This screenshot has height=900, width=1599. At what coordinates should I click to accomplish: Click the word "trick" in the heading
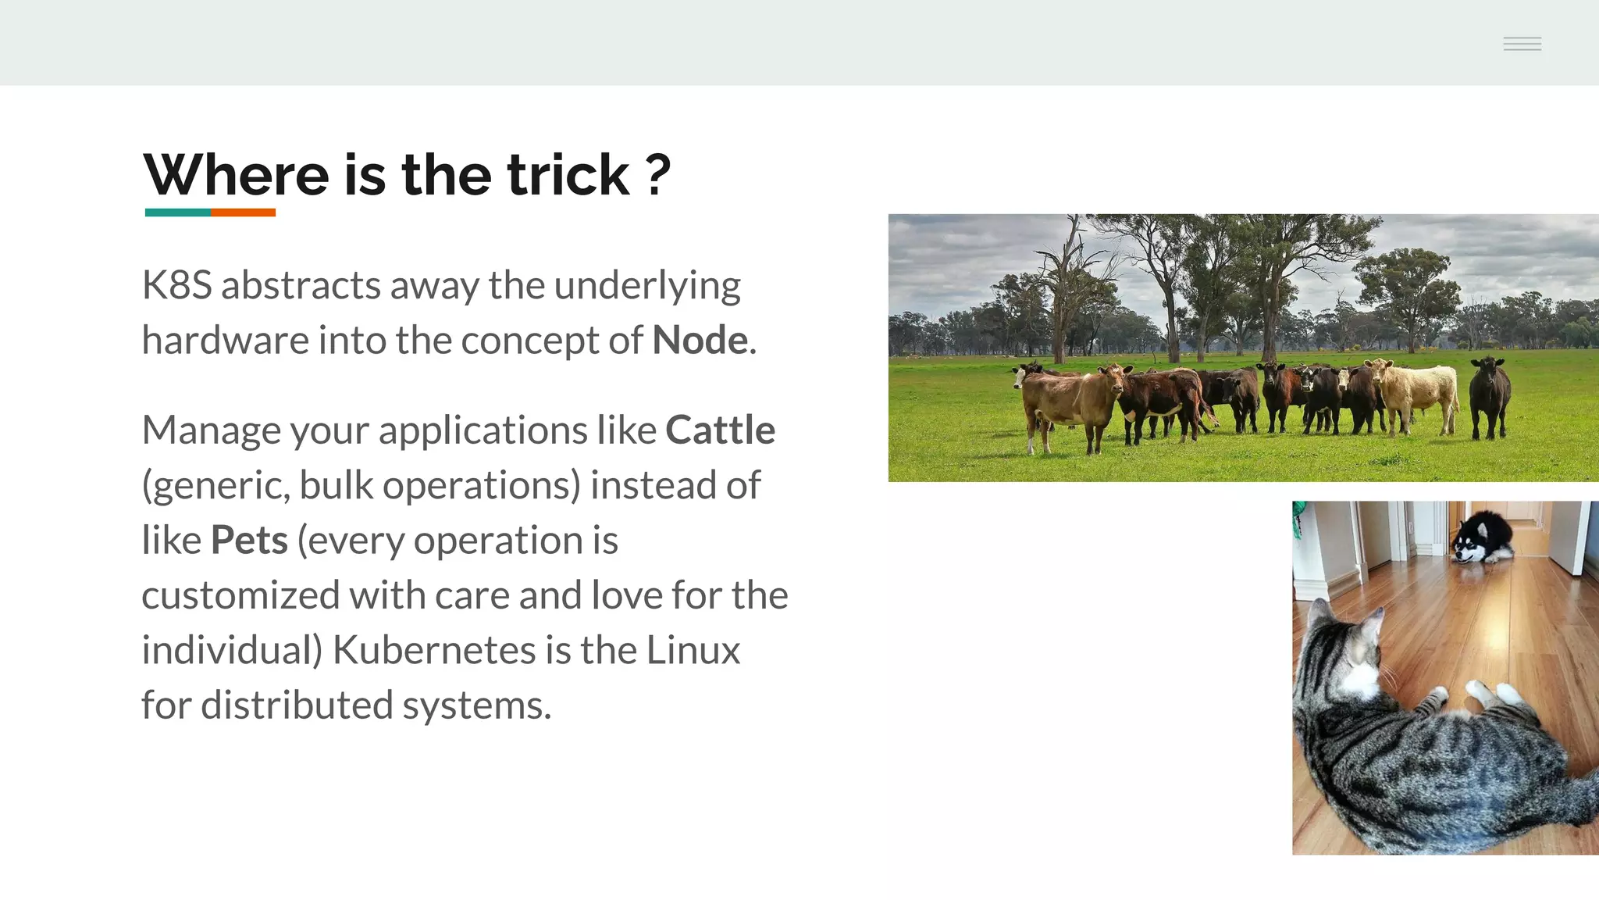(568, 175)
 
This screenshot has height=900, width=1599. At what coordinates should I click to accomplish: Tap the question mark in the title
(658, 175)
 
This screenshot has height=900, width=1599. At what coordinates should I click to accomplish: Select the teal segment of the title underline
(178, 212)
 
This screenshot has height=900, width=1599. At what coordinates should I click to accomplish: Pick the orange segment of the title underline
(243, 212)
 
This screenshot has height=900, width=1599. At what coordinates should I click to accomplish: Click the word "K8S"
(176, 285)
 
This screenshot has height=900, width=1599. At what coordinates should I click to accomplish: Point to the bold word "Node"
(700, 341)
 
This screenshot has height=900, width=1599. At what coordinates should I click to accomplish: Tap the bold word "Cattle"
(720, 430)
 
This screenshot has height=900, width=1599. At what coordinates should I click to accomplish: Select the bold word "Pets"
(249, 541)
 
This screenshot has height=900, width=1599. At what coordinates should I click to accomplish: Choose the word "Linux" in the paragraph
(693, 651)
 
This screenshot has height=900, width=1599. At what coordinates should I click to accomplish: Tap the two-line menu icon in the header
(1522, 44)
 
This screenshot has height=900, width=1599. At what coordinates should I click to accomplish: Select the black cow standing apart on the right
(1490, 395)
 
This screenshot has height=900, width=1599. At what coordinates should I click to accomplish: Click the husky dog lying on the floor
(1480, 539)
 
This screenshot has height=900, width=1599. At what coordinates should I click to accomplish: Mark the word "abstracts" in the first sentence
(301, 285)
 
